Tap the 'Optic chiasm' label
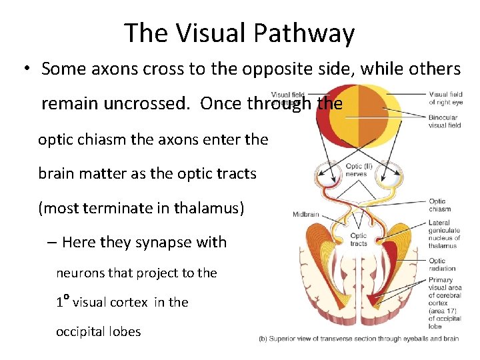point(439,205)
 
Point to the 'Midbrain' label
point(307,214)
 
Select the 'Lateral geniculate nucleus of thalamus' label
point(444,234)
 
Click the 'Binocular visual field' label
point(445,121)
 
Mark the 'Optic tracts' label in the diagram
point(358,239)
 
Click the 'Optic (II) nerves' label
point(355,170)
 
